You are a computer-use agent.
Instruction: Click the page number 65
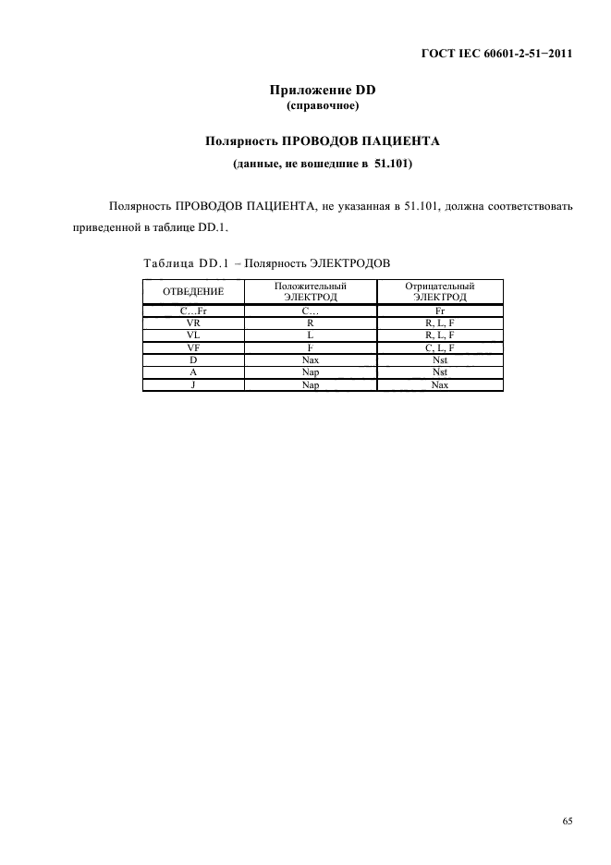(x=568, y=819)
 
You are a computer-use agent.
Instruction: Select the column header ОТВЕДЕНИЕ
(x=193, y=293)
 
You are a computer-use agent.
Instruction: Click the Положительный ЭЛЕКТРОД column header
(x=311, y=293)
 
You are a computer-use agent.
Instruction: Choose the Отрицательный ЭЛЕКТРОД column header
(x=439, y=293)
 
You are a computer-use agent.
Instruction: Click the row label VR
(x=193, y=324)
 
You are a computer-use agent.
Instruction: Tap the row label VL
(x=193, y=335)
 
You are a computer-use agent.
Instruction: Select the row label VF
(x=193, y=347)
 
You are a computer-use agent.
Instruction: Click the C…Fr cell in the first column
(x=193, y=312)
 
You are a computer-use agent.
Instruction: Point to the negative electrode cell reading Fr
(x=439, y=312)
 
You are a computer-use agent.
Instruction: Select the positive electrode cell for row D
(x=311, y=359)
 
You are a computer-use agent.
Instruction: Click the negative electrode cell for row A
(x=439, y=372)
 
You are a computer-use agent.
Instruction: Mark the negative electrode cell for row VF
(x=439, y=347)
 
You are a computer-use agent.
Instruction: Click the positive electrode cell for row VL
(x=311, y=335)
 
